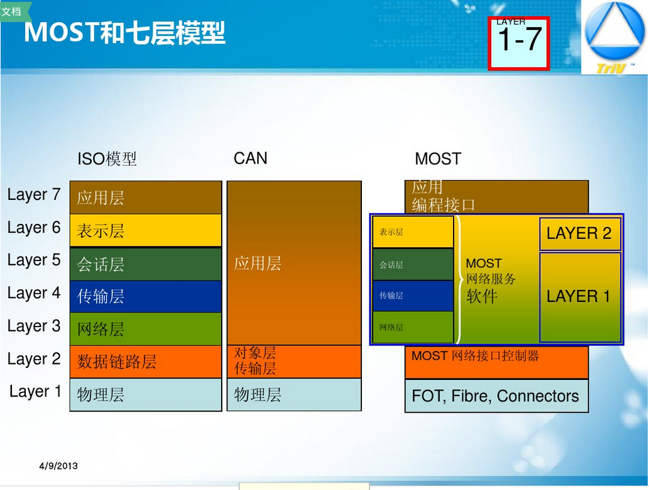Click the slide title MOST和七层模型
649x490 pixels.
124,33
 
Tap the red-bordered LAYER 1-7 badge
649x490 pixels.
519,43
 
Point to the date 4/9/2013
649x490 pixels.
58,466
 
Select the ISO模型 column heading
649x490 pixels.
107,159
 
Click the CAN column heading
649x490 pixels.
251,158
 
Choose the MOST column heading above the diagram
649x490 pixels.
438,159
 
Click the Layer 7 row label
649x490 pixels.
34,195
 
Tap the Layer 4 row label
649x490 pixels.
34,293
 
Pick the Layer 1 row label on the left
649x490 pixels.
35,392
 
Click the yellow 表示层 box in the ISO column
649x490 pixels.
146,230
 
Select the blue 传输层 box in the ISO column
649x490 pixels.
146,296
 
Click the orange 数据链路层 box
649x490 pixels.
146,362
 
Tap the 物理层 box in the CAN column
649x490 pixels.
294,394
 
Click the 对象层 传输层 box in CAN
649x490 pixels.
294,362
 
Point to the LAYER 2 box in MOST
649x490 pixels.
581,233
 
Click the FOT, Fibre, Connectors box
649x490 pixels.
497,396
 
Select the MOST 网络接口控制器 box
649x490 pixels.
497,362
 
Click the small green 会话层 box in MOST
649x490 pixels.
413,264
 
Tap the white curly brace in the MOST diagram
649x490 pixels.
459,280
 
